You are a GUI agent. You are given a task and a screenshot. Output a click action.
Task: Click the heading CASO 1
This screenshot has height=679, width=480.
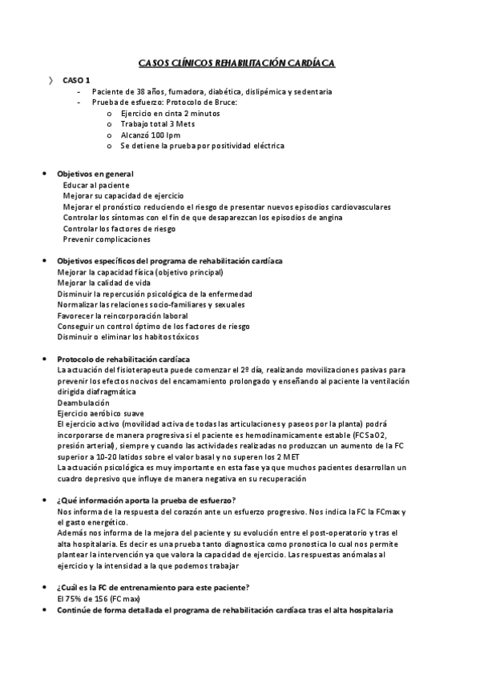point(77,80)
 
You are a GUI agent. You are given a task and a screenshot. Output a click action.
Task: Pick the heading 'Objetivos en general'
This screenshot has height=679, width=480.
point(95,174)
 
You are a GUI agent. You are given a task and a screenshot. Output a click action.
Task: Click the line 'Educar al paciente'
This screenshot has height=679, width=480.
point(96,185)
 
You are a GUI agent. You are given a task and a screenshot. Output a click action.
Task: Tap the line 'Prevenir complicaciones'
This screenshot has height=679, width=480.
point(107,239)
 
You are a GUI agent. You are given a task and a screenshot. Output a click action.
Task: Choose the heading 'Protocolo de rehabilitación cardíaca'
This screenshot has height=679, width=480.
point(123,359)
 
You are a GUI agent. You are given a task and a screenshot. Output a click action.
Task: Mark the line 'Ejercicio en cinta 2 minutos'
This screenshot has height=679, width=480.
point(171,114)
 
